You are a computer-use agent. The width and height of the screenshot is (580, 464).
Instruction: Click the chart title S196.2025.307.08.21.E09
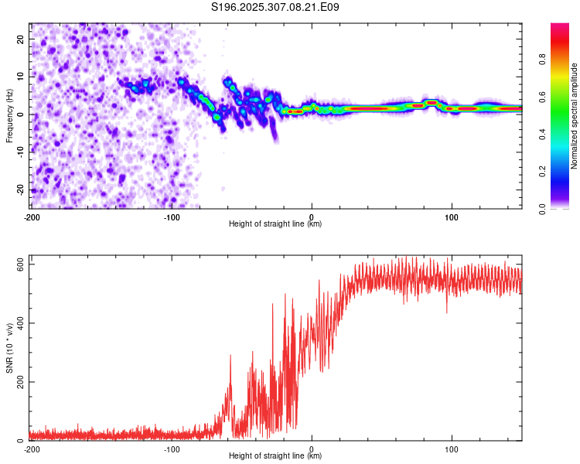point(276,7)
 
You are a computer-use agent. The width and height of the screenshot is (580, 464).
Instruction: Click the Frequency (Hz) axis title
point(9,114)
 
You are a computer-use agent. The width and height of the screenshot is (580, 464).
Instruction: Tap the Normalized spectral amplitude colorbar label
point(575,116)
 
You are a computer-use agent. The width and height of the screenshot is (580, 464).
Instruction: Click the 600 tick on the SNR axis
point(18,264)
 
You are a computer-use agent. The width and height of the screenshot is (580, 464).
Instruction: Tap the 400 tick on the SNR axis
point(18,323)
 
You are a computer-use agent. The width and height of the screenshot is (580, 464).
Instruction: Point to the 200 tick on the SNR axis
point(18,382)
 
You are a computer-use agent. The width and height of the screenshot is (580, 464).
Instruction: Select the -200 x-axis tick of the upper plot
point(32,216)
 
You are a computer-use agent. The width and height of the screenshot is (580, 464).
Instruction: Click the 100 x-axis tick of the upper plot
point(452,216)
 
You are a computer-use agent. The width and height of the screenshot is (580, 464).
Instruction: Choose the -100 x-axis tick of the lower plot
point(172,449)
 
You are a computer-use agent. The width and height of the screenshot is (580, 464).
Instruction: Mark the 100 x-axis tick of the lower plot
point(452,449)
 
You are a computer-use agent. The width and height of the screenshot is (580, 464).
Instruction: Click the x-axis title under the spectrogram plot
point(276,223)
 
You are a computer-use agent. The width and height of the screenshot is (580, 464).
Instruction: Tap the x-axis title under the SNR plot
point(276,456)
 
